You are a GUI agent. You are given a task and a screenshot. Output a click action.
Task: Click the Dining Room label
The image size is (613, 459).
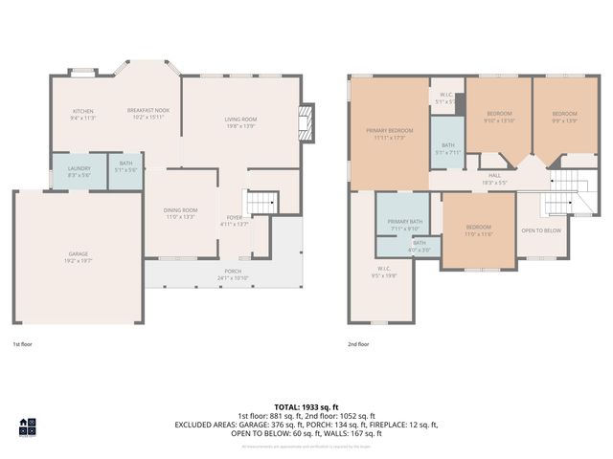181,213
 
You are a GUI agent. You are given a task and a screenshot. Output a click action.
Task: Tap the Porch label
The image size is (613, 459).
233,273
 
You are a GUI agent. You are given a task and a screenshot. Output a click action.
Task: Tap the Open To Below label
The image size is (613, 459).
541,230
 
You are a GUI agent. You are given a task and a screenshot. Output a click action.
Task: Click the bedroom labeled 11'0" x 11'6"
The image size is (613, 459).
478,231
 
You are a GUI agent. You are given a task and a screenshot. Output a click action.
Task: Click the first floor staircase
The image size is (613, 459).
261,204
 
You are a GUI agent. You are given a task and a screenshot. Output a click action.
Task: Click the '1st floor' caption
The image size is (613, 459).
23,343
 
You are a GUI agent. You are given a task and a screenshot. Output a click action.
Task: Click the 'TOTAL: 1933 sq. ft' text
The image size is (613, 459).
306,407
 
